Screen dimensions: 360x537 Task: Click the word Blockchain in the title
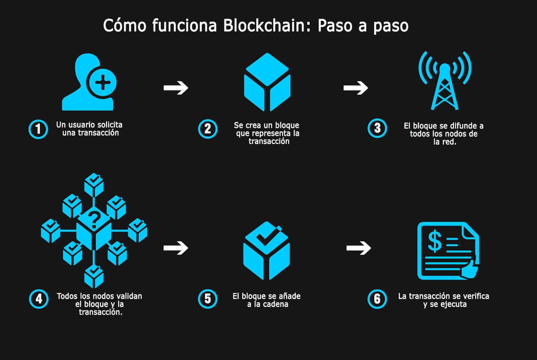coord(262,26)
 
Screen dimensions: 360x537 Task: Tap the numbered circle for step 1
coord(38,129)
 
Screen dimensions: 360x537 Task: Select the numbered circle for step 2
coord(208,129)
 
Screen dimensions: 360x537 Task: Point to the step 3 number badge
coord(377,128)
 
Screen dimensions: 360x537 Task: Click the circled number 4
coord(38,299)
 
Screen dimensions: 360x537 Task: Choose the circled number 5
coord(208,299)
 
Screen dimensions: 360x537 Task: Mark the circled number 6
coord(377,299)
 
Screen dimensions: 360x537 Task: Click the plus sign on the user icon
coord(103,83)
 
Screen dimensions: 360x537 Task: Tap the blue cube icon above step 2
coord(267,82)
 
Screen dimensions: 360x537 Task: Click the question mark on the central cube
coord(94,220)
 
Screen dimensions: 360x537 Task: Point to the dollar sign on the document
coord(435,241)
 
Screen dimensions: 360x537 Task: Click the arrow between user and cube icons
coord(176,88)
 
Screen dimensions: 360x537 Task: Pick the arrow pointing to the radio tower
coord(355,88)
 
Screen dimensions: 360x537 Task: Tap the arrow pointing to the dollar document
coord(358,248)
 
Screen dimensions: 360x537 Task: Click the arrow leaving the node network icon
coord(176,248)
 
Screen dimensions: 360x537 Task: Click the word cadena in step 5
coord(276,304)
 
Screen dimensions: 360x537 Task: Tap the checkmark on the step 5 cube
coord(265,236)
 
